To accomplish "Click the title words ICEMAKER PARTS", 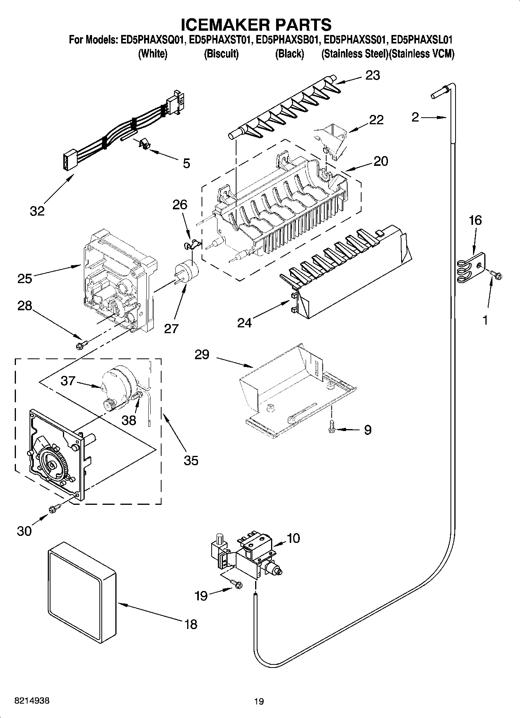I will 256,24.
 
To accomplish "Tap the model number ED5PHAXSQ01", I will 153,40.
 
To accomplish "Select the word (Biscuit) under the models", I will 221,54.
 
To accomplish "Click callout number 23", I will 372,75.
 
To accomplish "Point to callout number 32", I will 37,211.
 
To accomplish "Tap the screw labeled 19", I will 236,582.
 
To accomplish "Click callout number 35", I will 191,460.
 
